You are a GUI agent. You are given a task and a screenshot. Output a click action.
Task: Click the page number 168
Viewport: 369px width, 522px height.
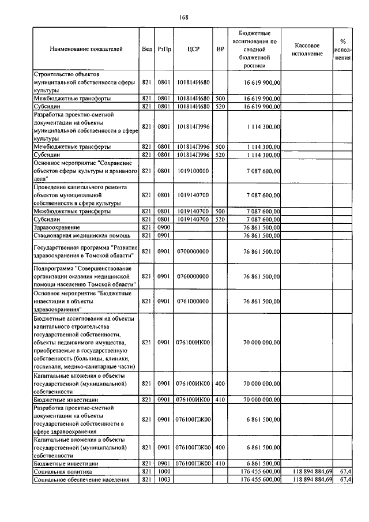tap(184, 17)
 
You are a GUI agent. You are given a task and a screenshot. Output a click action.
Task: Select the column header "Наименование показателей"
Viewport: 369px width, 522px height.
tap(86, 50)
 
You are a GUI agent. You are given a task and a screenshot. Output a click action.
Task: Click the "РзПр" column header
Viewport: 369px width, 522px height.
tap(163, 50)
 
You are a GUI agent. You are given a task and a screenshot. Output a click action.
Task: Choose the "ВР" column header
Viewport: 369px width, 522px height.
tap(220, 50)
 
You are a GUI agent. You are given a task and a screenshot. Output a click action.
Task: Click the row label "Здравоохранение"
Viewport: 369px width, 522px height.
tap(57, 228)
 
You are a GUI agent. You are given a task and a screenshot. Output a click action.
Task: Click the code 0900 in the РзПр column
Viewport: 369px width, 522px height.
tap(163, 228)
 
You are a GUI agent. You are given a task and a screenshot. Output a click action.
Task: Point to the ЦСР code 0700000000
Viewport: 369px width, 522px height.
tap(193, 251)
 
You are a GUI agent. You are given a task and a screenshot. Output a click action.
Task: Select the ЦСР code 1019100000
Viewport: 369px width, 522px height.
tap(193, 171)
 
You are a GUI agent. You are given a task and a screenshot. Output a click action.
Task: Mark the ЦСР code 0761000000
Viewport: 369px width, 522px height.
tap(193, 301)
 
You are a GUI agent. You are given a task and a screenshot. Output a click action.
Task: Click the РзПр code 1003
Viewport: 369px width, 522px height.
tap(163, 479)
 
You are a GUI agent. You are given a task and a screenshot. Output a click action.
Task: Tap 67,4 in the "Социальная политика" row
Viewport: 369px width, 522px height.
tap(346, 471)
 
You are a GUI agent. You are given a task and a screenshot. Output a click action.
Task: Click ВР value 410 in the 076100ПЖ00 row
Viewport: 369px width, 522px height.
tap(220, 463)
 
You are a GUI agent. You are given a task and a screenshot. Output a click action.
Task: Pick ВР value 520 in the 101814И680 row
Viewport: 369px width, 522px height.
tap(220, 107)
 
